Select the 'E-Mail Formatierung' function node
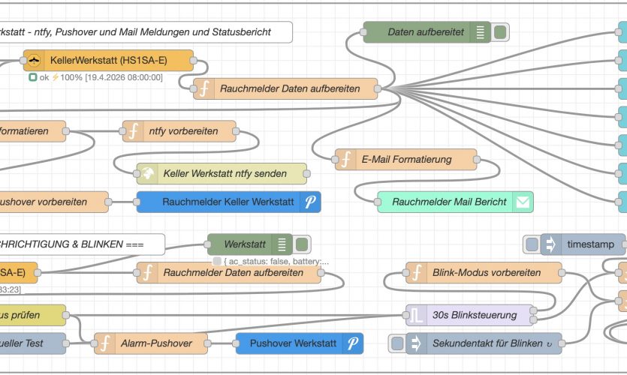405,159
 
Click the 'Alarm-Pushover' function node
155,343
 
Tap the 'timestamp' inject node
585,244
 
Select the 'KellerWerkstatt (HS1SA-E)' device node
108,60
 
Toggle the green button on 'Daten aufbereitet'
501,32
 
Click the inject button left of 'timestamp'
532,244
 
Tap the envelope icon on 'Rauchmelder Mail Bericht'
523,202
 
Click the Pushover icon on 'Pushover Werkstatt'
352,343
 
